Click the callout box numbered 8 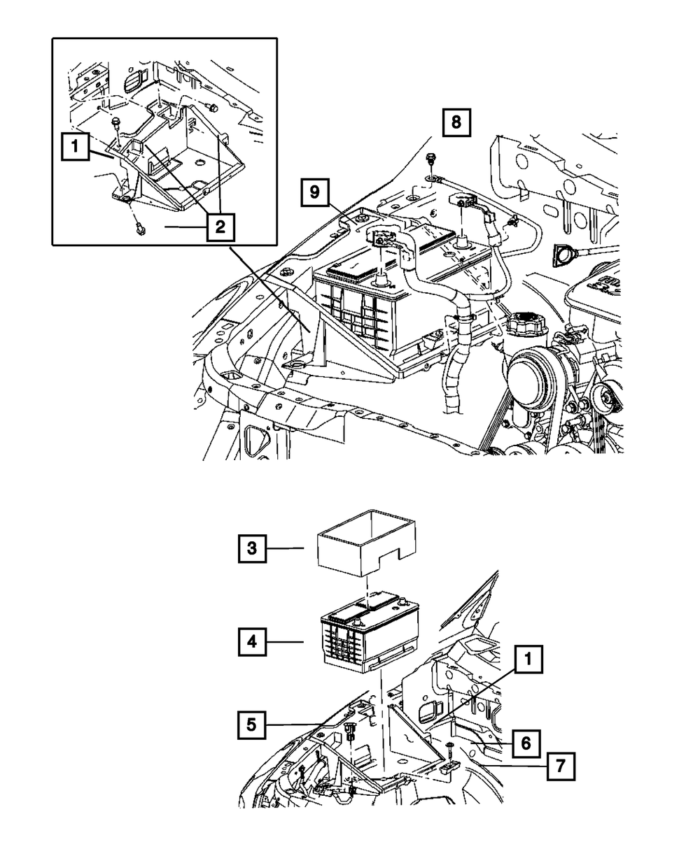pyautogui.click(x=456, y=123)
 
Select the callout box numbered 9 pyautogui.click(x=316, y=194)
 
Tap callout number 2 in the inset pyautogui.click(x=220, y=227)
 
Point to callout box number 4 pyautogui.click(x=251, y=641)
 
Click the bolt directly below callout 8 pyautogui.click(x=430, y=160)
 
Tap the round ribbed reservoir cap pyautogui.click(x=523, y=327)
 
